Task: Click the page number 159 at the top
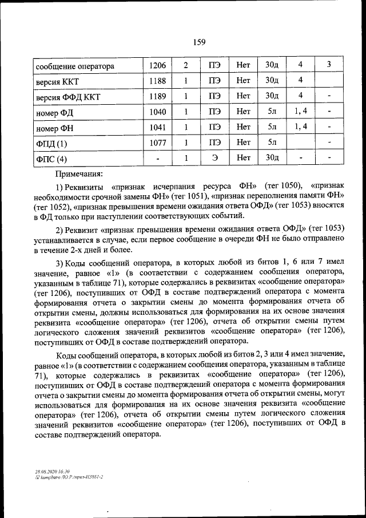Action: click(198, 42)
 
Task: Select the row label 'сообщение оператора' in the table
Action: click(75, 66)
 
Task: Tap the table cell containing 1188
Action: click(157, 81)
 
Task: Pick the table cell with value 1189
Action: click(157, 96)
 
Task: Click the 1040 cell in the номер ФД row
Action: click(157, 112)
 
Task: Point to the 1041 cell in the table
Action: click(157, 126)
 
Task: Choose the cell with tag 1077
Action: click(157, 142)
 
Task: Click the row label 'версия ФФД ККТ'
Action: click(67, 96)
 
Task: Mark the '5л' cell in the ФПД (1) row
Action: click(272, 142)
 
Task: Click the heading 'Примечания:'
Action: click(79, 172)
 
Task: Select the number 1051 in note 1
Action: click(186, 196)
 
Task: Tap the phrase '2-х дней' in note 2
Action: click(88, 250)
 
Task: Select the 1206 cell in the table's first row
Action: click(157, 66)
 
